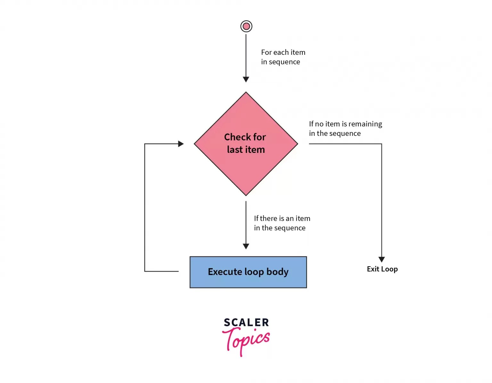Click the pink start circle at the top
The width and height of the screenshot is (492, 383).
coord(246,26)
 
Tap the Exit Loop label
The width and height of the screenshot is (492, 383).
coord(382,269)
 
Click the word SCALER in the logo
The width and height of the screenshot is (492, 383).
coord(246,322)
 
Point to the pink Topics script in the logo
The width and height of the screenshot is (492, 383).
coord(246,340)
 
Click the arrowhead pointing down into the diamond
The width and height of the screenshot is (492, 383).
coord(246,79)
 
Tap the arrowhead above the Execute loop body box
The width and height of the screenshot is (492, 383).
coord(246,246)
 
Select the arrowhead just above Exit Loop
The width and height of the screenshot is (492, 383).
coord(381,259)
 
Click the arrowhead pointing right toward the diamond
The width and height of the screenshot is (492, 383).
coord(181,144)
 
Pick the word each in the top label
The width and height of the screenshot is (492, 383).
coord(281,52)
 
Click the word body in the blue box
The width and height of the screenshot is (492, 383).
coord(277,272)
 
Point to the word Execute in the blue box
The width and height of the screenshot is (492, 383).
coord(225,272)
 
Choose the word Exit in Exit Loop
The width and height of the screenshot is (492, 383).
coord(373,269)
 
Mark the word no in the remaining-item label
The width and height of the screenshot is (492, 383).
coord(319,124)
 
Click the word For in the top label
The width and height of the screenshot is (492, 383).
coord(266,52)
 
